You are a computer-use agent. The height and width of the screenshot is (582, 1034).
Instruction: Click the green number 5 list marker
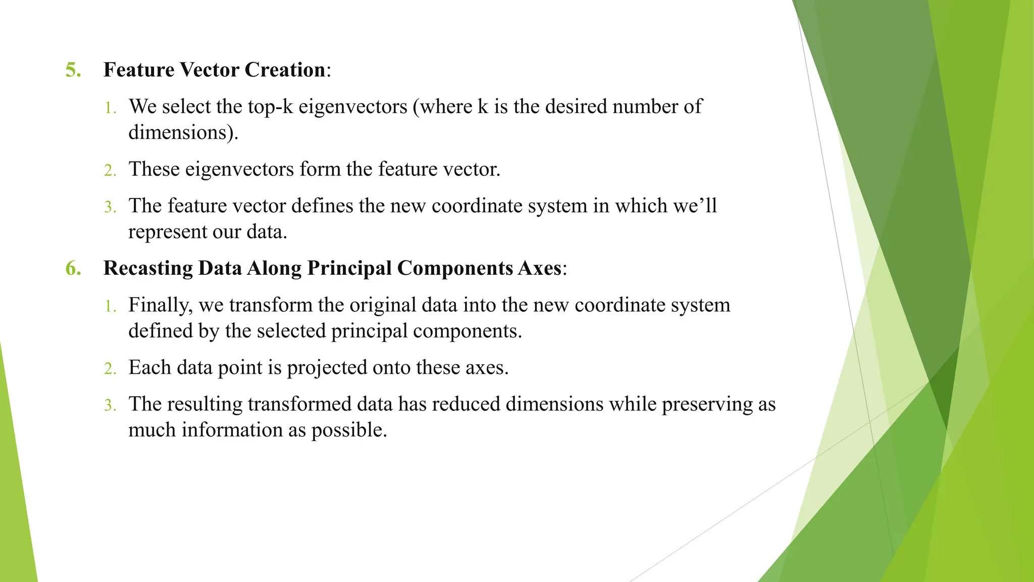(73, 70)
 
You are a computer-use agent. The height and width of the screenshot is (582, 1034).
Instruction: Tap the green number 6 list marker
(73, 268)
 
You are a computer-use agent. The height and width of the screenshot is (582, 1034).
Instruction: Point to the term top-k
(270, 107)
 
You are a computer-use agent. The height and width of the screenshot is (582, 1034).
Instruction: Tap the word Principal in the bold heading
(349, 268)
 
